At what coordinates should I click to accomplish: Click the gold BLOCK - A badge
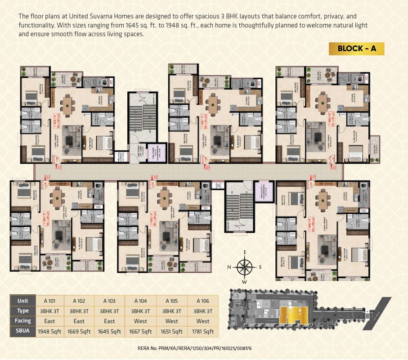click(356, 49)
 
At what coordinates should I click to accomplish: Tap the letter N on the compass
click(229, 267)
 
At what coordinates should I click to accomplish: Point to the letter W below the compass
click(245, 282)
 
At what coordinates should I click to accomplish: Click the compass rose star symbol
click(244, 267)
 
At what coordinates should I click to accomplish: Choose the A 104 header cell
click(140, 301)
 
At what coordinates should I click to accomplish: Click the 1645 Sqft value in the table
click(109, 332)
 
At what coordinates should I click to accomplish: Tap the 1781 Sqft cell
click(202, 332)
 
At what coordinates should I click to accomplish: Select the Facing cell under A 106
click(202, 321)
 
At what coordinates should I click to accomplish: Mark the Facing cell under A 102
click(78, 321)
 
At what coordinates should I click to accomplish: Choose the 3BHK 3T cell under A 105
click(171, 311)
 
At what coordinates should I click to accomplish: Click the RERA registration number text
click(194, 348)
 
